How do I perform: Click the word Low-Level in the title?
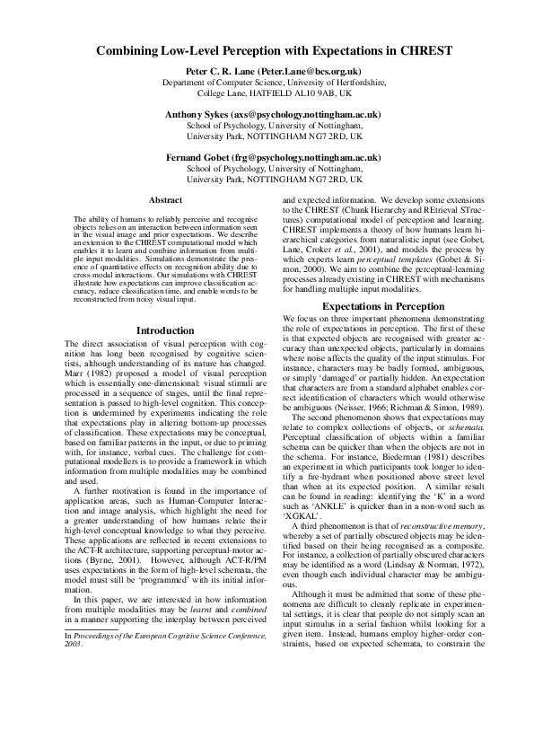[x=178, y=51]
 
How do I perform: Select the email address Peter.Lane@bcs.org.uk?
[x=310, y=70]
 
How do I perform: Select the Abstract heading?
[x=165, y=199]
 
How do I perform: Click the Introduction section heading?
[x=165, y=331]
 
